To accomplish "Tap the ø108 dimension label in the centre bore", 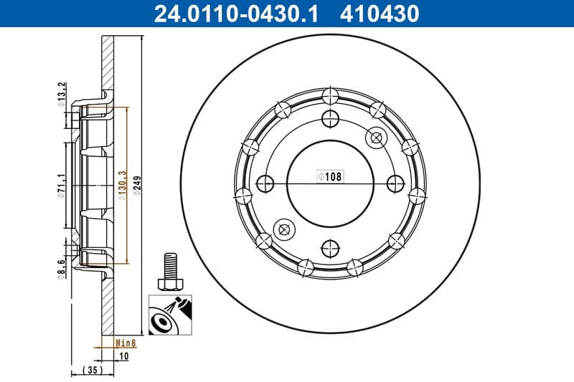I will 330,176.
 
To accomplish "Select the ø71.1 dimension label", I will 62,185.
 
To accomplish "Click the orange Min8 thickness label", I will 126,343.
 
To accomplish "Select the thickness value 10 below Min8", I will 124,355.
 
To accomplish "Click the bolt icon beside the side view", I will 169,270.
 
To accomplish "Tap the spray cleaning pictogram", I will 169,315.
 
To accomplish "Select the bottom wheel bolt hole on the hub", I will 330,248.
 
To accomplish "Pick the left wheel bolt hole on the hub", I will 265,183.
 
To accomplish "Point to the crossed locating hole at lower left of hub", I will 284,229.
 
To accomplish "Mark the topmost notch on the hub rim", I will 330,95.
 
